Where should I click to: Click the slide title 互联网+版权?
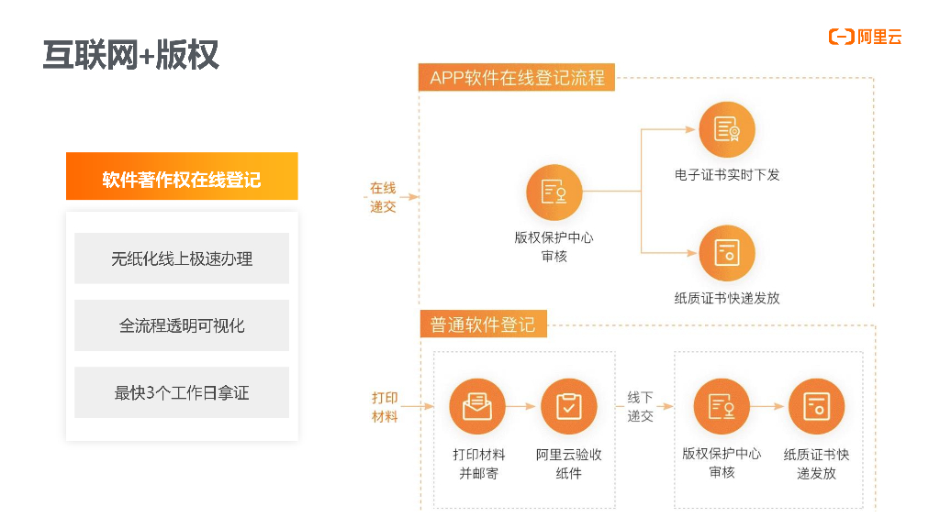[131, 55]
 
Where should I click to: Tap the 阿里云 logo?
[866, 37]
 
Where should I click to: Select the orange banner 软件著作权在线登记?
[182, 178]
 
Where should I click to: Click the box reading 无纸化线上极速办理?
[182, 258]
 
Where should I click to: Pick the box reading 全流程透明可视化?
[182, 325]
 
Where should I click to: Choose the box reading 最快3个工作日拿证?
[182, 392]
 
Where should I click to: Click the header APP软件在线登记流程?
[517, 78]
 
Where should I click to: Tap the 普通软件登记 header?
[483, 324]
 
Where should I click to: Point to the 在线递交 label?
[383, 197]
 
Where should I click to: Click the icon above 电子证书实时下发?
[726, 129]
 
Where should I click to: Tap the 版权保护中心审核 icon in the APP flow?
[554, 192]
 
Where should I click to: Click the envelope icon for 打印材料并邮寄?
[477, 406]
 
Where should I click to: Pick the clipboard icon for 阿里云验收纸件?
[569, 406]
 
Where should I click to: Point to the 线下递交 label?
[640, 406]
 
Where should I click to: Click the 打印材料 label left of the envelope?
[385, 407]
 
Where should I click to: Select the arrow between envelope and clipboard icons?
[520, 406]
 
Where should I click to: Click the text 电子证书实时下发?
[726, 174]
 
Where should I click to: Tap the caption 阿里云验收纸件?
[569, 464]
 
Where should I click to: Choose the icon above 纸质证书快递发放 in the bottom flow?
[816, 406]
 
